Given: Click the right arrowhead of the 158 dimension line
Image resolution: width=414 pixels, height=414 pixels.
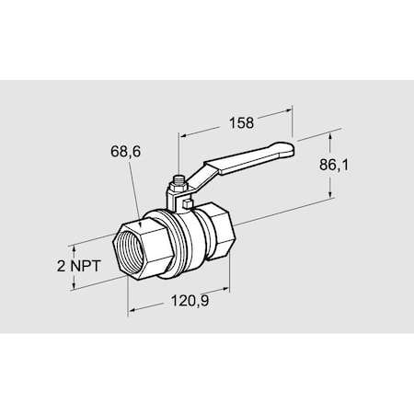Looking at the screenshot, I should [293, 112].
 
